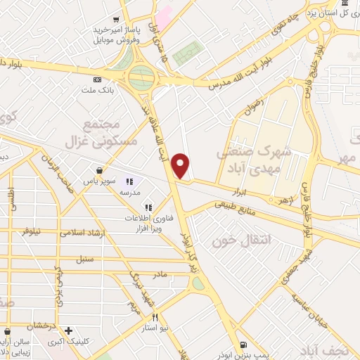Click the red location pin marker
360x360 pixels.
tap(181, 165)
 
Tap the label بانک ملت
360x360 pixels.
tap(98, 90)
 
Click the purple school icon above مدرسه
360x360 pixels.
tap(129, 181)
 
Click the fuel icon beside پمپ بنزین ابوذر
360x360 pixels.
tap(243, 345)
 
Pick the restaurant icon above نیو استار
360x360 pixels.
tap(154, 317)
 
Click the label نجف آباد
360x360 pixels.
tap(337, 349)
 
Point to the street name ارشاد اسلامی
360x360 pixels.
tap(82, 231)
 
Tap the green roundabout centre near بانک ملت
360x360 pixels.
tap(141, 75)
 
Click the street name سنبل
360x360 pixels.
tap(85, 259)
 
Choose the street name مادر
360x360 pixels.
tap(160, 274)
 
